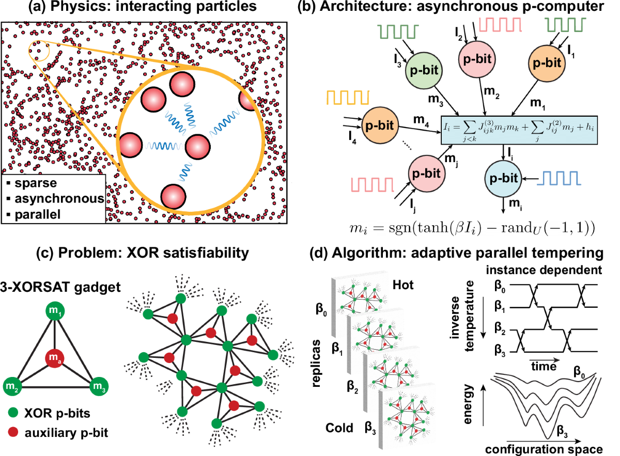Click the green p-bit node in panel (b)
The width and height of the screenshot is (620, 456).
425,73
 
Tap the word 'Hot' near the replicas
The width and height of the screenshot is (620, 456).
402,284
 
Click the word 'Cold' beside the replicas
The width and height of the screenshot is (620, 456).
339,428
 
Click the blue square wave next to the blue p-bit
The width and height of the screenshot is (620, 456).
562,177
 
